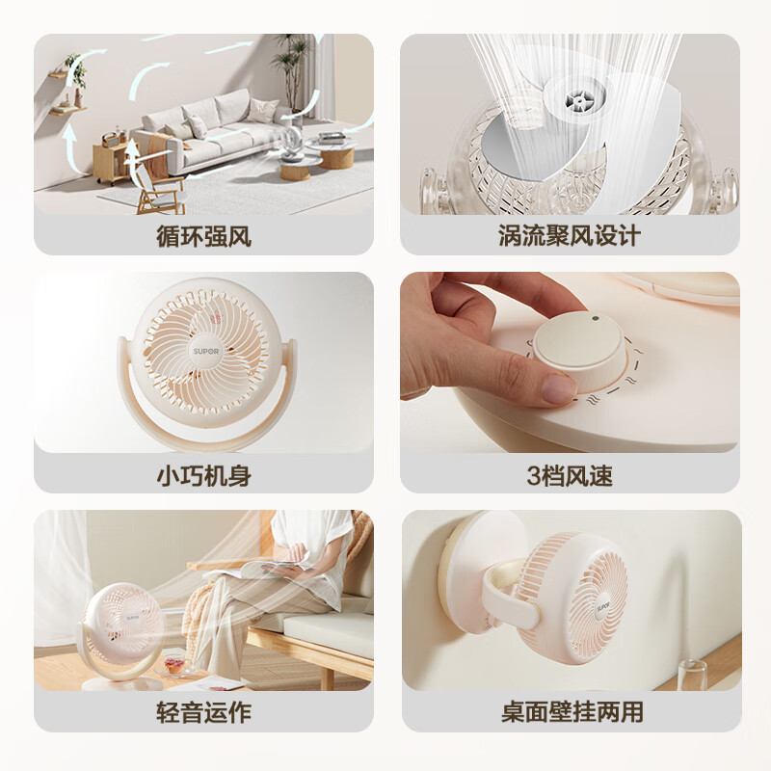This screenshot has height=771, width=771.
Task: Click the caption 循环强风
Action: [x=203, y=236]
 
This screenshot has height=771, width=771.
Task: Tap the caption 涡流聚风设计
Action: [x=570, y=236]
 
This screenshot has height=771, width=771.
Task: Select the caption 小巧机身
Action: [x=203, y=474]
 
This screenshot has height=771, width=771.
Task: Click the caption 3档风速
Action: [x=570, y=474]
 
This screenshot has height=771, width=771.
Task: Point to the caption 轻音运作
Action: [x=203, y=712]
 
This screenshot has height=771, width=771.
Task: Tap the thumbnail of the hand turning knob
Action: [x=570, y=361]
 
